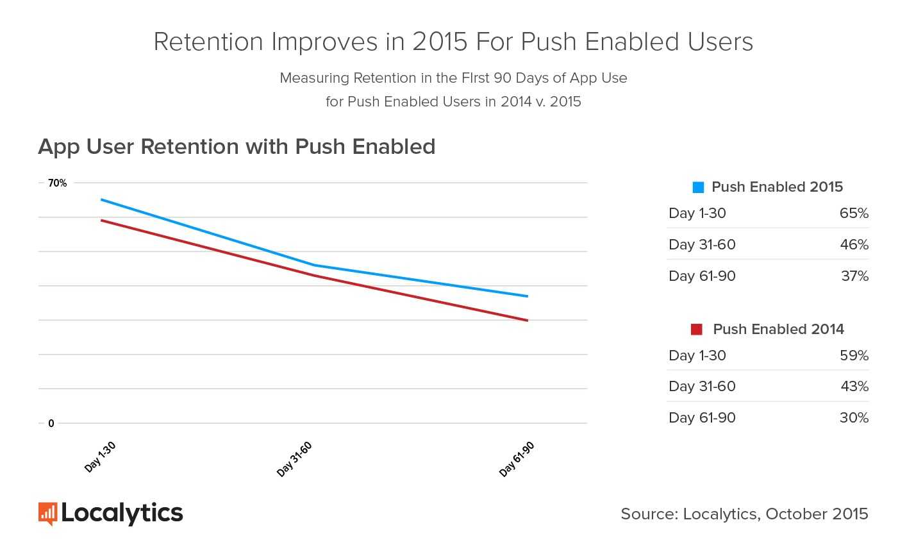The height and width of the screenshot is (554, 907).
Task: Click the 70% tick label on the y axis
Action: (x=57, y=183)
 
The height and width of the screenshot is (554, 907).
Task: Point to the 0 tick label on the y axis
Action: (x=51, y=423)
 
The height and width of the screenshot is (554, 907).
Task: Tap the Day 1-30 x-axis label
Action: (x=100, y=457)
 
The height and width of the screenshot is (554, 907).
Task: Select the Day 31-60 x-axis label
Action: (x=294, y=459)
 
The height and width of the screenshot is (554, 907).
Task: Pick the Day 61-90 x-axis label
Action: (x=517, y=459)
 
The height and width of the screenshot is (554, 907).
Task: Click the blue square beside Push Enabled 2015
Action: (x=698, y=187)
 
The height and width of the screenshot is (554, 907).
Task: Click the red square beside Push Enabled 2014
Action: (x=697, y=330)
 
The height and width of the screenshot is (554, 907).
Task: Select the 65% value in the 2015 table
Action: (x=854, y=214)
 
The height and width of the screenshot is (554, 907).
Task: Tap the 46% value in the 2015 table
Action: (x=854, y=245)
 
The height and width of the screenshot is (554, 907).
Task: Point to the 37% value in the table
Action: (x=854, y=276)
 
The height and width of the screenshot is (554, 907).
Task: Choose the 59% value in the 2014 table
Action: (x=854, y=356)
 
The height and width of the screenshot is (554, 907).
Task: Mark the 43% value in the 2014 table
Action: (x=854, y=387)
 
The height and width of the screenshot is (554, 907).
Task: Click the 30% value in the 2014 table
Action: (x=854, y=418)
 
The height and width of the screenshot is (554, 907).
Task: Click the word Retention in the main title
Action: (x=208, y=42)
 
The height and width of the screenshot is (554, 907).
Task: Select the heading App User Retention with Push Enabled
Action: (x=237, y=147)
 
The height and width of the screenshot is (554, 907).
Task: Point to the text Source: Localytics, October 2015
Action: (x=744, y=514)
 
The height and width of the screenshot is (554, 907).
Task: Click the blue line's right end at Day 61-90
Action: (x=528, y=296)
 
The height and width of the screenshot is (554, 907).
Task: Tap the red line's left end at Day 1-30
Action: (x=101, y=220)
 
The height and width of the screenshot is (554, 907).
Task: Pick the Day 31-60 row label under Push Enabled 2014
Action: (x=702, y=387)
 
